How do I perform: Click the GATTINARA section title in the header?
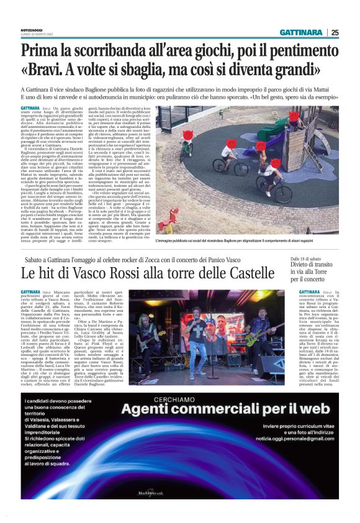tap(300, 32)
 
